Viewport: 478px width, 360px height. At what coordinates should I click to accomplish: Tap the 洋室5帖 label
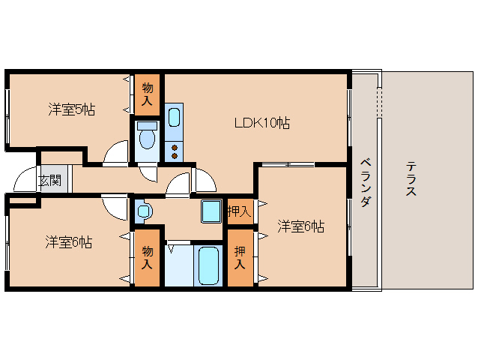pyautogui.click(x=72, y=109)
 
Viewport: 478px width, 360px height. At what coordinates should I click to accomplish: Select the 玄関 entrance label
pyautogui.click(x=51, y=180)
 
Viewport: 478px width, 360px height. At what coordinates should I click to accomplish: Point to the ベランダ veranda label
pyautogui.click(x=365, y=182)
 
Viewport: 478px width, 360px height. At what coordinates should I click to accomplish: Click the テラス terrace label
pyautogui.click(x=411, y=180)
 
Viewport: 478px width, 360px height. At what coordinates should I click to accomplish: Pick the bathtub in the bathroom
pyautogui.click(x=208, y=266)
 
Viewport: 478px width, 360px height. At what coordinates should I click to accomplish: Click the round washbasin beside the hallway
pyautogui.click(x=142, y=212)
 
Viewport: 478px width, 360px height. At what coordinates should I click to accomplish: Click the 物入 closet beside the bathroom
pyautogui.click(x=148, y=258)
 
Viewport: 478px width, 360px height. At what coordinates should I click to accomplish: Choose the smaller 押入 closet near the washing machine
pyautogui.click(x=239, y=212)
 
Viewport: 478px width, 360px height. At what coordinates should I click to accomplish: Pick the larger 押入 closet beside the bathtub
pyautogui.click(x=240, y=258)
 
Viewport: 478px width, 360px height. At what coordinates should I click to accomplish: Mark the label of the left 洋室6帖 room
pyautogui.click(x=68, y=242)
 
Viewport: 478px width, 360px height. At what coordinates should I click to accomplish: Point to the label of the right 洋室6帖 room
pyautogui.click(x=300, y=226)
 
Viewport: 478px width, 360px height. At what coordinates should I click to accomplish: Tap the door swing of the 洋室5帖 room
pyautogui.click(x=117, y=153)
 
